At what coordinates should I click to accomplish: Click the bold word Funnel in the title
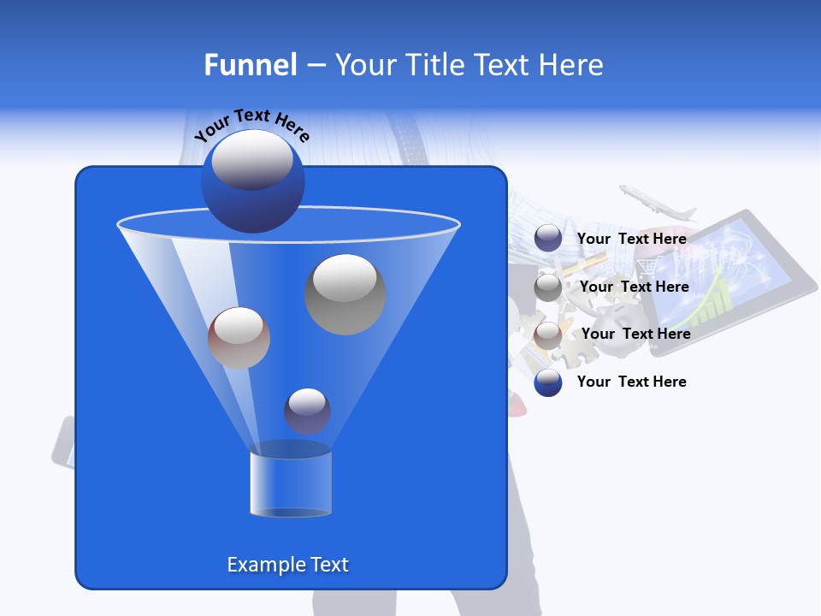[x=250, y=65]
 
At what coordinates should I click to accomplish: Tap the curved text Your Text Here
[x=252, y=125]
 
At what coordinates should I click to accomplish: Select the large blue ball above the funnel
[x=253, y=181]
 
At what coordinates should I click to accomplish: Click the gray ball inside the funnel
[x=345, y=293]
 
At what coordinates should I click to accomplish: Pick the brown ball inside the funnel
[x=239, y=337]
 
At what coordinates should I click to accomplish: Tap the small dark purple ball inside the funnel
[x=307, y=411]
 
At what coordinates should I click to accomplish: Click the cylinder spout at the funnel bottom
[x=290, y=483]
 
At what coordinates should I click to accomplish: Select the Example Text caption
[x=287, y=565]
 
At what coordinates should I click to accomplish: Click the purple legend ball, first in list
[x=548, y=239]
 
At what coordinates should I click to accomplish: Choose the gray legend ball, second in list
[x=548, y=287]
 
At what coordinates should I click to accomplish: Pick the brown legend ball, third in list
[x=548, y=335]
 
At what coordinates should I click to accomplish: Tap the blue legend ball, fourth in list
[x=548, y=382]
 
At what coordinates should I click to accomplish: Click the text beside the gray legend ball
[x=634, y=287]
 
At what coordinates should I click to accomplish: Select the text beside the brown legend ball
[x=635, y=334]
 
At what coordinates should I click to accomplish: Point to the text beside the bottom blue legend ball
[x=631, y=382]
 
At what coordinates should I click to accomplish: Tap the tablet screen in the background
[x=727, y=274]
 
